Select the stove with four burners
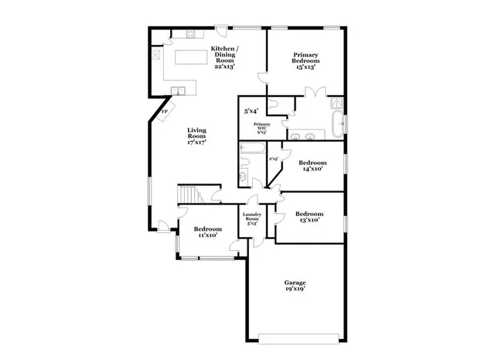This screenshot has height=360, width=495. click(190, 34)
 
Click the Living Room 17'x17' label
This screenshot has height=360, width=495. click(196, 136)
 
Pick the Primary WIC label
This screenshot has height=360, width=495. click(260, 128)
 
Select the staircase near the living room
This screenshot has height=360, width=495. click(189, 194)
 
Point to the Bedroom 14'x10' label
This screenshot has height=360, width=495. click(312, 166)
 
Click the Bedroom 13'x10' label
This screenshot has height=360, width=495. click(309, 217)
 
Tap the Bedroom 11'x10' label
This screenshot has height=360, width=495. click(207, 232)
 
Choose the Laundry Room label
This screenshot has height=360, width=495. click(252, 219)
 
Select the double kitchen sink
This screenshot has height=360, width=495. click(179, 91)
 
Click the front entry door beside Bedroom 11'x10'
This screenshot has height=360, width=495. click(164, 225)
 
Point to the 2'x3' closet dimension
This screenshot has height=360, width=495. click(273, 159)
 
